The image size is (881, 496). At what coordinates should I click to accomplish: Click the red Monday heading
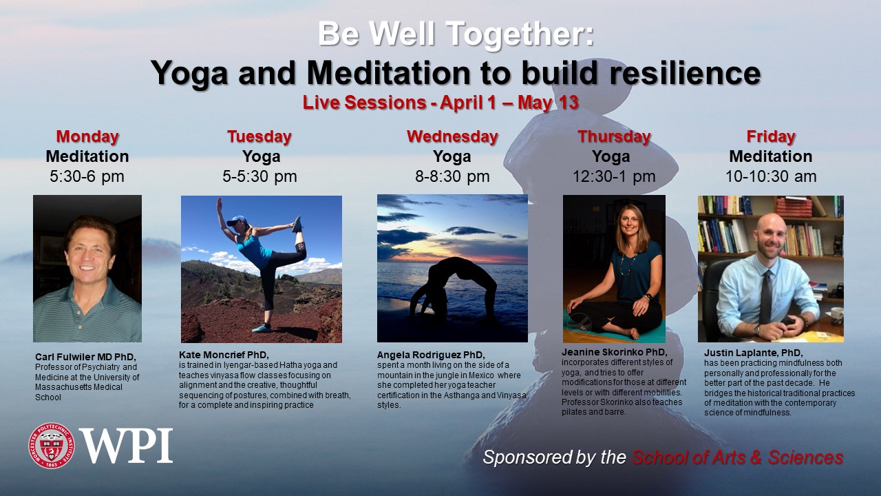(x=87, y=136)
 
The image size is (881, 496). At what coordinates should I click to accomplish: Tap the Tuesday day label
(x=259, y=136)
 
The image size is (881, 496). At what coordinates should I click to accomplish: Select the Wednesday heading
(x=452, y=136)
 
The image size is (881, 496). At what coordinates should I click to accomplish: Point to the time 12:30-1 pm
(x=614, y=176)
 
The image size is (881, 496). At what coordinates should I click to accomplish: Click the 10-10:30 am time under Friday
(x=771, y=176)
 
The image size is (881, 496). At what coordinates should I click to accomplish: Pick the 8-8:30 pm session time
(x=452, y=176)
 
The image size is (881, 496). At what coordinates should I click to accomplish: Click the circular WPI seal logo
(x=52, y=446)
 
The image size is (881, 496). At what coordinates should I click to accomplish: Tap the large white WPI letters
(x=127, y=446)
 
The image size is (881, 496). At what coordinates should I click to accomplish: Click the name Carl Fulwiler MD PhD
(x=85, y=357)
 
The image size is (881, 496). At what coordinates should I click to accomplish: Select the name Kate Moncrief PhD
(x=224, y=355)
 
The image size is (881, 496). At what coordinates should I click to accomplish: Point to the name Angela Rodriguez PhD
(x=431, y=355)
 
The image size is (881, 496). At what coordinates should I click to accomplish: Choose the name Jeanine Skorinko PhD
(x=615, y=352)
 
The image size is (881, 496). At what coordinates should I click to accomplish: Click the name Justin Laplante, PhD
(x=753, y=353)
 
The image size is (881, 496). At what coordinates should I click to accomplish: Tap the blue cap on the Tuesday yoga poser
(x=237, y=220)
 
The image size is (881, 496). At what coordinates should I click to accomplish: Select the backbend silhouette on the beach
(x=452, y=287)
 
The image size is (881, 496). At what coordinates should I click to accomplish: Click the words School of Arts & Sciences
(x=737, y=457)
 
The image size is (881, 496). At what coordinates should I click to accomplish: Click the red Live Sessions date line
(x=440, y=103)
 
